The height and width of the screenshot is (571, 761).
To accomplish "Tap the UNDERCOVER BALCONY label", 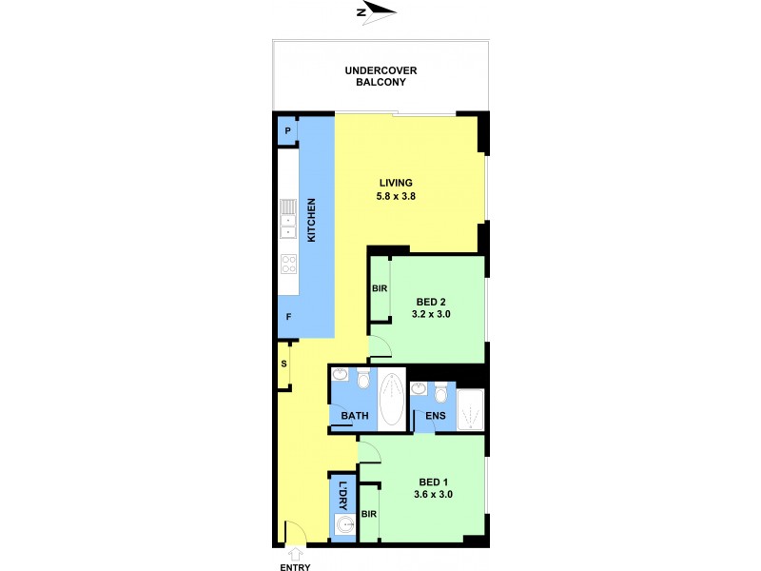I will click(380, 76).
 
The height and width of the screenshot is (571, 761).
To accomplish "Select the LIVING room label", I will click(396, 183).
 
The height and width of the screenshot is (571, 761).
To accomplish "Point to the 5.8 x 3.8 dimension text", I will click(396, 197).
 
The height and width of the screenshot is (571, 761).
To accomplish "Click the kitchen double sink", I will click(288, 226).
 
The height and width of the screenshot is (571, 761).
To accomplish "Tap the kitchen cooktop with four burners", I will click(288, 264).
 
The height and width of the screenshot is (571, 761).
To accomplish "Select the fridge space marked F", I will click(287, 316).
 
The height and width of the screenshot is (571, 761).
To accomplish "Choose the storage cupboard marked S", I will click(283, 364).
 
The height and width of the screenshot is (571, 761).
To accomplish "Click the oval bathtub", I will click(392, 400).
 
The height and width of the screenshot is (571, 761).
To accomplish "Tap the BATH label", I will click(355, 415).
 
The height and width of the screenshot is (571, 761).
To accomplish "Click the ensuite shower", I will click(471, 412).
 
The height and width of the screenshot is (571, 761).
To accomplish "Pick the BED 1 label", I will click(430, 481).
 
